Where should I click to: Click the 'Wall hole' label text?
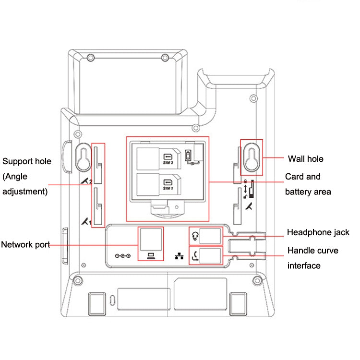click(305, 159)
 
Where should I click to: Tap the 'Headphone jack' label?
click(318, 233)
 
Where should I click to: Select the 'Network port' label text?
click(25, 245)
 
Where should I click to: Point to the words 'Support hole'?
click(27, 161)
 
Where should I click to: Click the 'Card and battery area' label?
click(308, 184)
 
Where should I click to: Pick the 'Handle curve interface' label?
click(312, 258)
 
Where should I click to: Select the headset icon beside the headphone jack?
click(194, 236)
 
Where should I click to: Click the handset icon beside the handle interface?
click(194, 255)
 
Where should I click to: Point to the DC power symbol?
click(123, 256)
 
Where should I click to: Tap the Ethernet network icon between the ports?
click(179, 256)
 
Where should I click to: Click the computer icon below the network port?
click(150, 255)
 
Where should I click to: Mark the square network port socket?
click(151, 238)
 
